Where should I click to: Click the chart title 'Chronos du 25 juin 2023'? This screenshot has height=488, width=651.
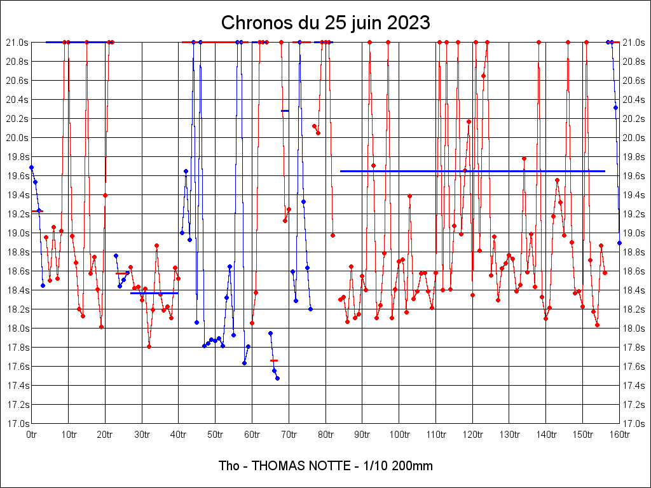click(x=325, y=23)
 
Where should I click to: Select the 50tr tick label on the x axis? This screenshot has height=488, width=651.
click(x=216, y=435)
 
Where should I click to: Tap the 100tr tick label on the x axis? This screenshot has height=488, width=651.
click(x=399, y=435)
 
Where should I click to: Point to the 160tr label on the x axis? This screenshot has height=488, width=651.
click(x=619, y=435)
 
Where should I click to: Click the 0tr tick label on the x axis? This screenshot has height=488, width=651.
click(x=32, y=435)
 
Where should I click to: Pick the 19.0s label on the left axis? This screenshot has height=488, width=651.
click(x=17, y=233)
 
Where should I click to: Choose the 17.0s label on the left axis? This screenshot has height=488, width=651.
click(x=17, y=424)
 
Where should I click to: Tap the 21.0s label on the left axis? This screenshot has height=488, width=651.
click(x=17, y=43)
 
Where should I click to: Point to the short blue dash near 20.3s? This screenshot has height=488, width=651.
click(x=285, y=111)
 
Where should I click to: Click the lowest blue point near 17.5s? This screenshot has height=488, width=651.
click(x=277, y=378)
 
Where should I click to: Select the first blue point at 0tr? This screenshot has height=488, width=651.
click(x=32, y=167)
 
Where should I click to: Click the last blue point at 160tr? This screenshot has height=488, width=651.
click(x=619, y=243)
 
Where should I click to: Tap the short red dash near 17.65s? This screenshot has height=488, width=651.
click(x=274, y=360)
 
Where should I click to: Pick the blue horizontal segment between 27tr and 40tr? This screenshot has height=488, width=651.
click(x=154, y=293)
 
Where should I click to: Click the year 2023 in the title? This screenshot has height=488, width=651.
click(x=408, y=23)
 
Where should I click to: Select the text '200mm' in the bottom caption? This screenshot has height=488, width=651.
click(x=414, y=466)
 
